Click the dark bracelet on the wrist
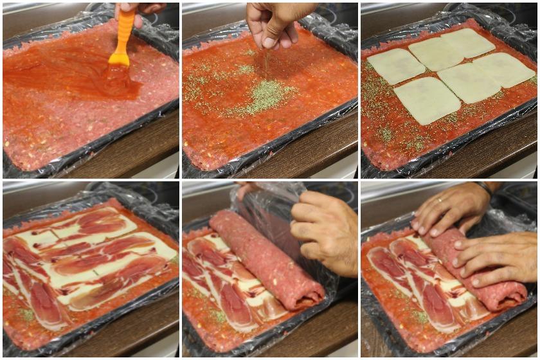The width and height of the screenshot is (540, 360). click(x=483, y=188)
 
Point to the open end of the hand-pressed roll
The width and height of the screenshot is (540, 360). click(x=508, y=296)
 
